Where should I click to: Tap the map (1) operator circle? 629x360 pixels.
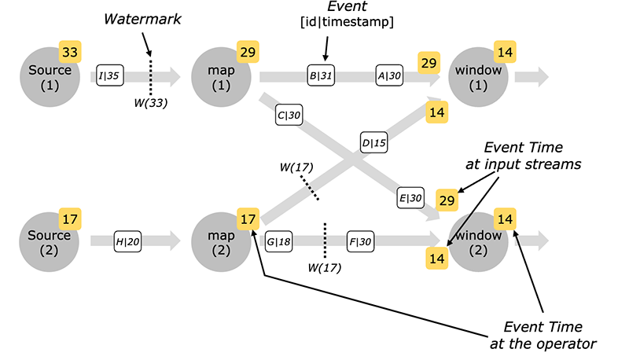[220, 77]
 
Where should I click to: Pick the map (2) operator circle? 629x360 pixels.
[220, 240]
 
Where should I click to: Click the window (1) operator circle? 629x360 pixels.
[477, 77]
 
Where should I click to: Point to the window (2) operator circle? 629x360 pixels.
[477, 240]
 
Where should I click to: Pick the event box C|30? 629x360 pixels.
[289, 115]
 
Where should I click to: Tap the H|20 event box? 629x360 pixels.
[128, 240]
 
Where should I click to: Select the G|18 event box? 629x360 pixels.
[279, 240]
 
